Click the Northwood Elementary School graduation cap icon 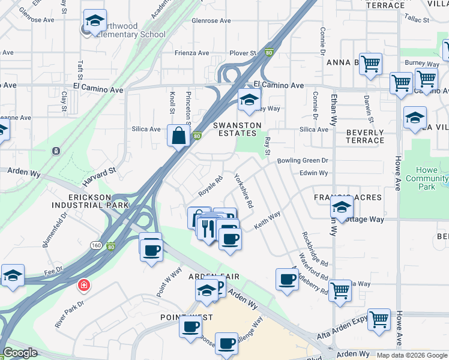pos(95,21)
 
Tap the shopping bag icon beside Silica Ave pos(179,135)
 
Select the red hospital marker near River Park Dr pos(83,285)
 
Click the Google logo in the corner pos(20,353)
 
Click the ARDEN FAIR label pos(214,277)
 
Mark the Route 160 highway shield pos(96,245)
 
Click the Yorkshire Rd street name pos(244,191)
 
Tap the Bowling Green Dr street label pos(303,161)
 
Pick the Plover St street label pos(243,53)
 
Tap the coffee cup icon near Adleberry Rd pos(287,279)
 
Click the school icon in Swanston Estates pos(249,101)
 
